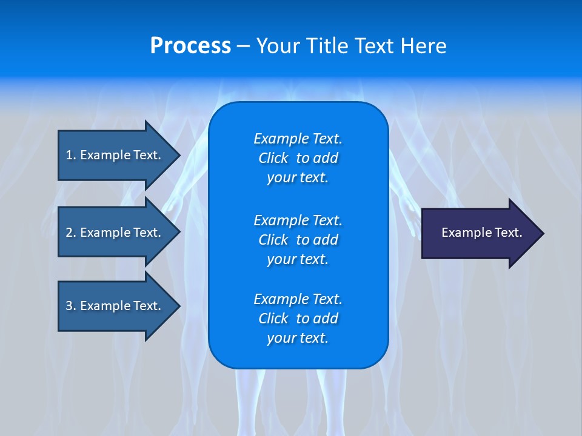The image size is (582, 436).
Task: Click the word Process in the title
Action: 190,46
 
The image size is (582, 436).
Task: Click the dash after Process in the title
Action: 243,47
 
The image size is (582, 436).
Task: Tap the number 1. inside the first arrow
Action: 71,155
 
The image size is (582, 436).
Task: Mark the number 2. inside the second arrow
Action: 71,233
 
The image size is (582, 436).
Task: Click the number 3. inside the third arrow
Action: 71,306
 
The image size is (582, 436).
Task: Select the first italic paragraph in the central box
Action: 298,158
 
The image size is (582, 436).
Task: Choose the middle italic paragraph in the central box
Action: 298,239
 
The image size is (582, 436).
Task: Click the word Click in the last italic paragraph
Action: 273,319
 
